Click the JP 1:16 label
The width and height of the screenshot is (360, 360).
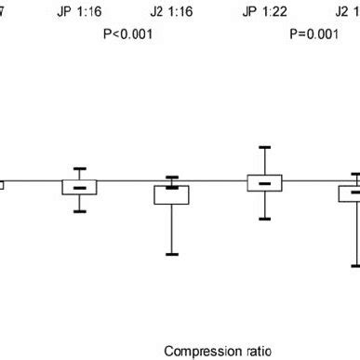80,11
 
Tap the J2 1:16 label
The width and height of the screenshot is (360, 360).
171,11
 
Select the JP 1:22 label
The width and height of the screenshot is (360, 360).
263,11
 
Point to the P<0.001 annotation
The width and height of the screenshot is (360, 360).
127,34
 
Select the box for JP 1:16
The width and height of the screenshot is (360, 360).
80,187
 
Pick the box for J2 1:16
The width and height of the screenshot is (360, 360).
172,194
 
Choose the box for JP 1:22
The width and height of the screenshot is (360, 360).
264,182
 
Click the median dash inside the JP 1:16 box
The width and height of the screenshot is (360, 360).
80,189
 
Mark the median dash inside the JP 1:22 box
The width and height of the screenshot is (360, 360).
264,183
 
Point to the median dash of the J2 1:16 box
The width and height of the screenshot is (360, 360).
172,187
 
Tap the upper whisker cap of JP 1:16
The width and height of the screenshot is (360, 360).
80,168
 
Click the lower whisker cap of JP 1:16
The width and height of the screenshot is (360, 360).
80,211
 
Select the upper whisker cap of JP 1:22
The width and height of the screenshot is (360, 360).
264,147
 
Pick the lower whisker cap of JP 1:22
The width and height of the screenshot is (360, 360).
264,219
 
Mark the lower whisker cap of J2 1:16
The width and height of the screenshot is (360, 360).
172,254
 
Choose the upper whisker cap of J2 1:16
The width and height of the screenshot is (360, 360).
172,177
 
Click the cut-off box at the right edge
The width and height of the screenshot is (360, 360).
351,193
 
